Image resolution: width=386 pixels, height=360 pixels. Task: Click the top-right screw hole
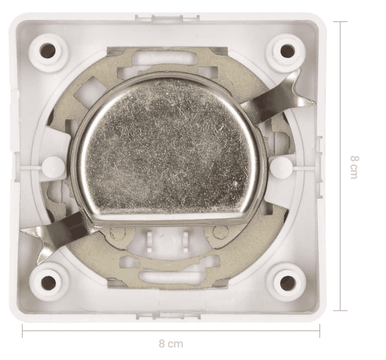pos(287,50)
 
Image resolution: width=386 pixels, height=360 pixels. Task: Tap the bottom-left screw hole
pos(49,280)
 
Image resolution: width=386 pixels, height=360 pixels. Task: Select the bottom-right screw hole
pos(287,280)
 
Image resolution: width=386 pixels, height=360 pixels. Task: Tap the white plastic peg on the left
pos(53,166)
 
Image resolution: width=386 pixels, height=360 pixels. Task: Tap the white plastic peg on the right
pos(280,167)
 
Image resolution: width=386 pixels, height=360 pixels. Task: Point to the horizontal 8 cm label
pos(171,343)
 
